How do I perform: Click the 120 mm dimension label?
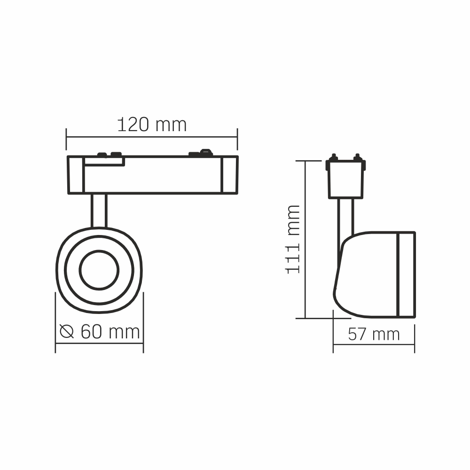point(151,125)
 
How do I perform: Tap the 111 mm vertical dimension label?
point(293,239)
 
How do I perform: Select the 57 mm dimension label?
point(374,334)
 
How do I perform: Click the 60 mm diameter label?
point(110,331)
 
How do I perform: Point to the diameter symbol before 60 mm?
point(67,332)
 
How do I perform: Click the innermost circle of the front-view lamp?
point(99,270)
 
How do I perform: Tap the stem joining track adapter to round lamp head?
point(99,210)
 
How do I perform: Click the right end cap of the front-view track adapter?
point(229,174)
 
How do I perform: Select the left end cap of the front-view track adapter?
point(75,174)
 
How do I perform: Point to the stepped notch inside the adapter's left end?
point(104,161)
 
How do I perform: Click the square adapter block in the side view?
point(345,179)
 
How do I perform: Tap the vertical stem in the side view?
point(345,216)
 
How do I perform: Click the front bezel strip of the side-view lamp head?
point(406,274)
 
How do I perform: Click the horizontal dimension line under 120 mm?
point(151,137)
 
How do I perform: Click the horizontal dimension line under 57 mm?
point(374,345)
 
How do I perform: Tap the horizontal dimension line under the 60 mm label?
point(99,344)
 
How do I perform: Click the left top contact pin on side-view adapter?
point(333,157)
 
